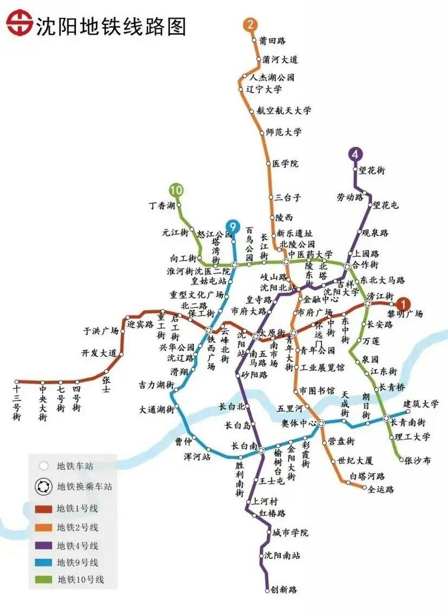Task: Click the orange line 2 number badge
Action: point(251,25)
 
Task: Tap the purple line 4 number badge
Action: point(354,154)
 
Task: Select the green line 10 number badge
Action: point(176,190)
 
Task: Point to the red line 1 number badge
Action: point(404,304)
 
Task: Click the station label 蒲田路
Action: point(272,41)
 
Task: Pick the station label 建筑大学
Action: point(421,404)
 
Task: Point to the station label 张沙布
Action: point(417,460)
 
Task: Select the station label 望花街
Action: point(372,170)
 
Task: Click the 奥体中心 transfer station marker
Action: point(321,423)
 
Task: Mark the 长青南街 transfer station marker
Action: point(386,419)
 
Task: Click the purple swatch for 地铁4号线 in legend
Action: point(43,545)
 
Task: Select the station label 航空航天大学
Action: point(283,110)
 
